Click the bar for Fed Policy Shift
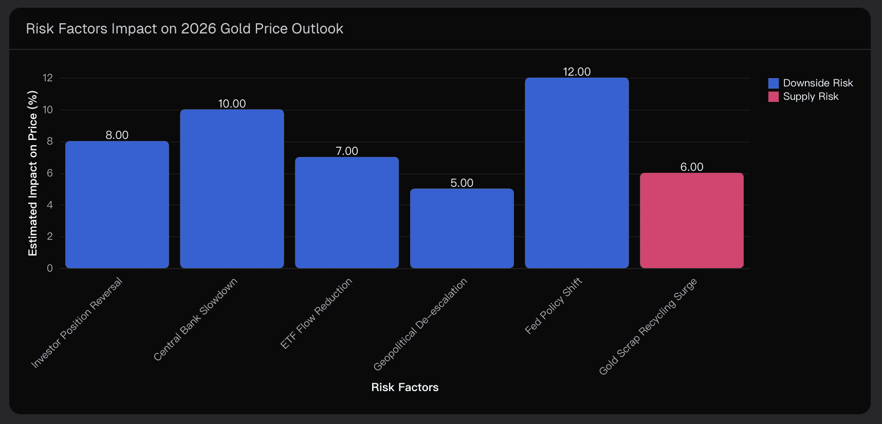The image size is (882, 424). [x=577, y=173]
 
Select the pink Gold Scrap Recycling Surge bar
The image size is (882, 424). [x=691, y=220]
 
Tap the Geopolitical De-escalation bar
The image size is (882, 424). [x=462, y=228]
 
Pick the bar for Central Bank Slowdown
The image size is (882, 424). [x=232, y=189]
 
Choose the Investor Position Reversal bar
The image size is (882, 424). [x=117, y=205]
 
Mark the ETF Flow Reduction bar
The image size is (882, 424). [x=347, y=213]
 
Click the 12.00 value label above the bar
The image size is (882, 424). [x=577, y=72]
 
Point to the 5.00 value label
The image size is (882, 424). [x=462, y=183]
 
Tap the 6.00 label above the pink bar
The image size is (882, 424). [x=691, y=167]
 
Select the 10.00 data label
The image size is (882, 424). [x=232, y=103]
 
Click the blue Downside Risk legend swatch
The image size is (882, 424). [x=773, y=83]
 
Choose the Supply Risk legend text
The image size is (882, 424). [x=811, y=97]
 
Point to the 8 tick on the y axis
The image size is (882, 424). [x=50, y=142]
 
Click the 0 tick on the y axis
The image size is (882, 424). [x=50, y=268]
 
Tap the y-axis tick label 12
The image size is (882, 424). [x=48, y=78]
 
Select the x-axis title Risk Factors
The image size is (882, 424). [x=405, y=387]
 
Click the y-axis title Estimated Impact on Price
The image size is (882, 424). [x=33, y=173]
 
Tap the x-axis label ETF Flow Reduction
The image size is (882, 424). [x=317, y=313]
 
